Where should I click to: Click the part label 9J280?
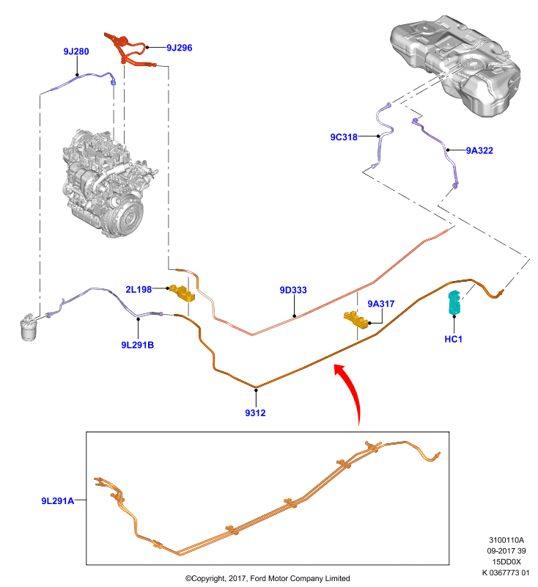pyautogui.click(x=76, y=51)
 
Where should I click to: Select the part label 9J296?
pyautogui.click(x=180, y=48)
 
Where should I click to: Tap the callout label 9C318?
pyautogui.click(x=344, y=137)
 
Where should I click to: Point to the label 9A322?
pyautogui.click(x=479, y=150)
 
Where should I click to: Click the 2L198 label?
pyautogui.click(x=139, y=289)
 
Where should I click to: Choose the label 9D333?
pyautogui.click(x=293, y=290)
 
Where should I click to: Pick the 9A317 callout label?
pyautogui.click(x=381, y=304)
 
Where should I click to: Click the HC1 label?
pyautogui.click(x=454, y=339)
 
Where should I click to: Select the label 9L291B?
pyautogui.click(x=138, y=345)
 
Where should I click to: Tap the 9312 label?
pyautogui.click(x=255, y=412)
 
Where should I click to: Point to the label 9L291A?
pyautogui.click(x=58, y=501)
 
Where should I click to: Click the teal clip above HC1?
pyautogui.click(x=454, y=302)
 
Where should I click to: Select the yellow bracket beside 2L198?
pyautogui.click(x=182, y=293)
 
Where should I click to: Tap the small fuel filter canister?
pyautogui.click(x=29, y=328)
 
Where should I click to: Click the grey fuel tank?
pyautogui.click(x=455, y=65)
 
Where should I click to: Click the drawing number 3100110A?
pyautogui.click(x=506, y=540)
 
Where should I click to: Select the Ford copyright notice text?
pyautogui.click(x=268, y=578)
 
